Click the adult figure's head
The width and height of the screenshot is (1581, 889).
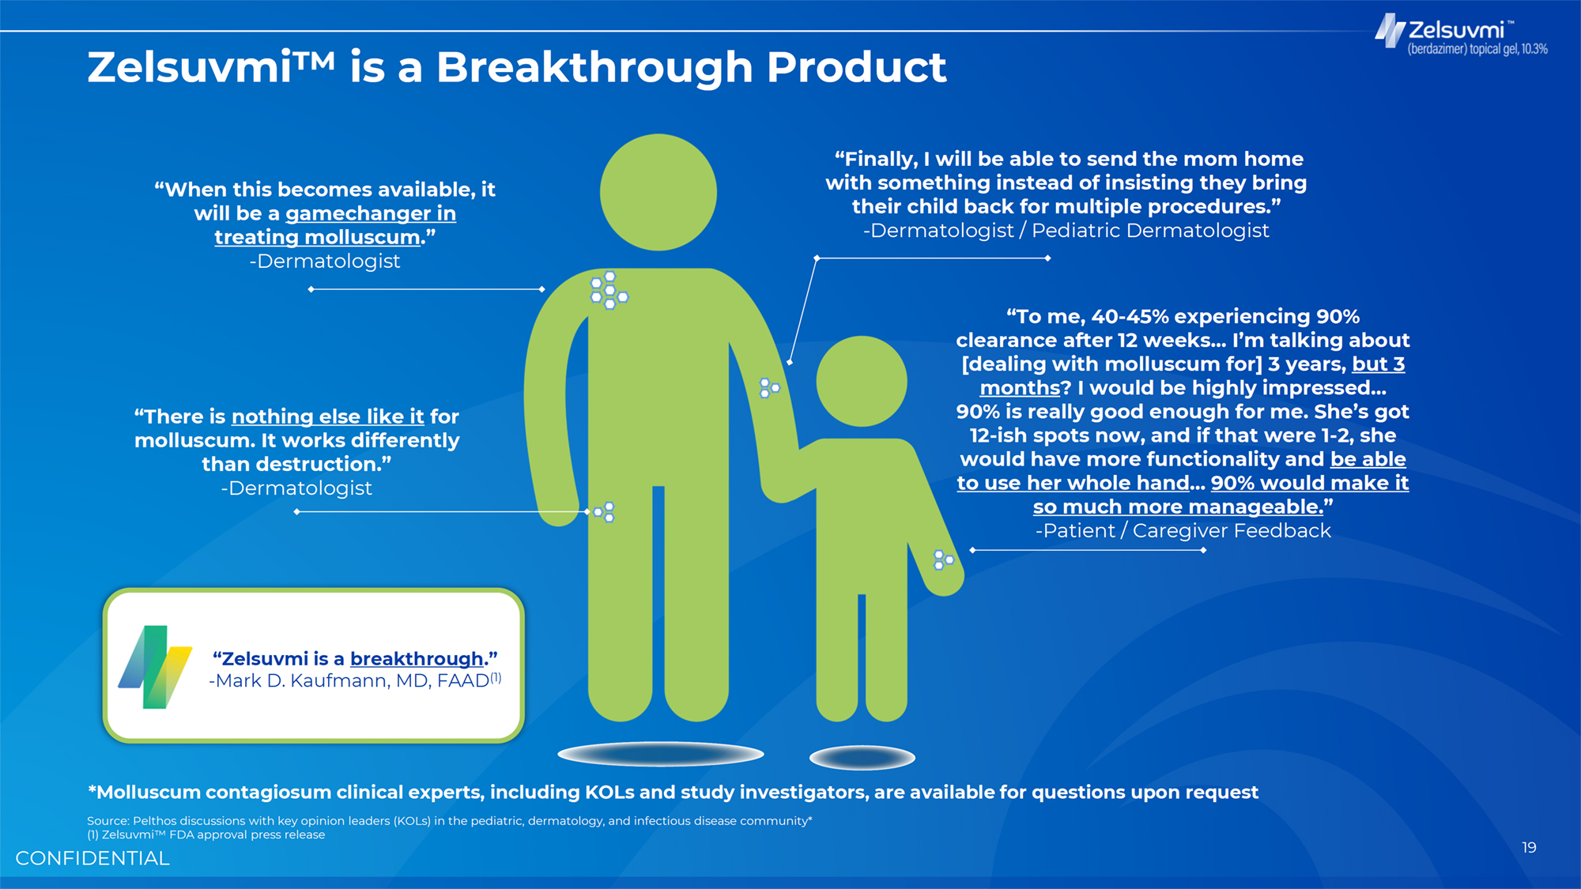point(658,192)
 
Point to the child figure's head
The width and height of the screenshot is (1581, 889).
point(862,382)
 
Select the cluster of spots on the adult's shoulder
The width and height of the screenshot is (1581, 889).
point(609,290)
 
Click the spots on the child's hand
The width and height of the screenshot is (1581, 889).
point(943,560)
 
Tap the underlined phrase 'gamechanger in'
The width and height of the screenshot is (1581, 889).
point(371,213)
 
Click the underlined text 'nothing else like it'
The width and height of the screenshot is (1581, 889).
point(328,416)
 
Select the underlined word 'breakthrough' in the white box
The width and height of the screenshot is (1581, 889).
point(417,658)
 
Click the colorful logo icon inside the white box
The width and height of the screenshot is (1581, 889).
point(155,667)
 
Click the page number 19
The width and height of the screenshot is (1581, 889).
point(1529,848)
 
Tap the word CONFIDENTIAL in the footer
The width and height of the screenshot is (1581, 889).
point(92,858)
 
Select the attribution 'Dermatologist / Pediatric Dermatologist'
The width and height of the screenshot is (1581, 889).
point(1066,231)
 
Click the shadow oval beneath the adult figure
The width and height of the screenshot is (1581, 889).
point(661,754)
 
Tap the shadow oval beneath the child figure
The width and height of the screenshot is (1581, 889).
point(862,758)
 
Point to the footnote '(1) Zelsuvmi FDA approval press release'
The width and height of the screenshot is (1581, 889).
point(206,834)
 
